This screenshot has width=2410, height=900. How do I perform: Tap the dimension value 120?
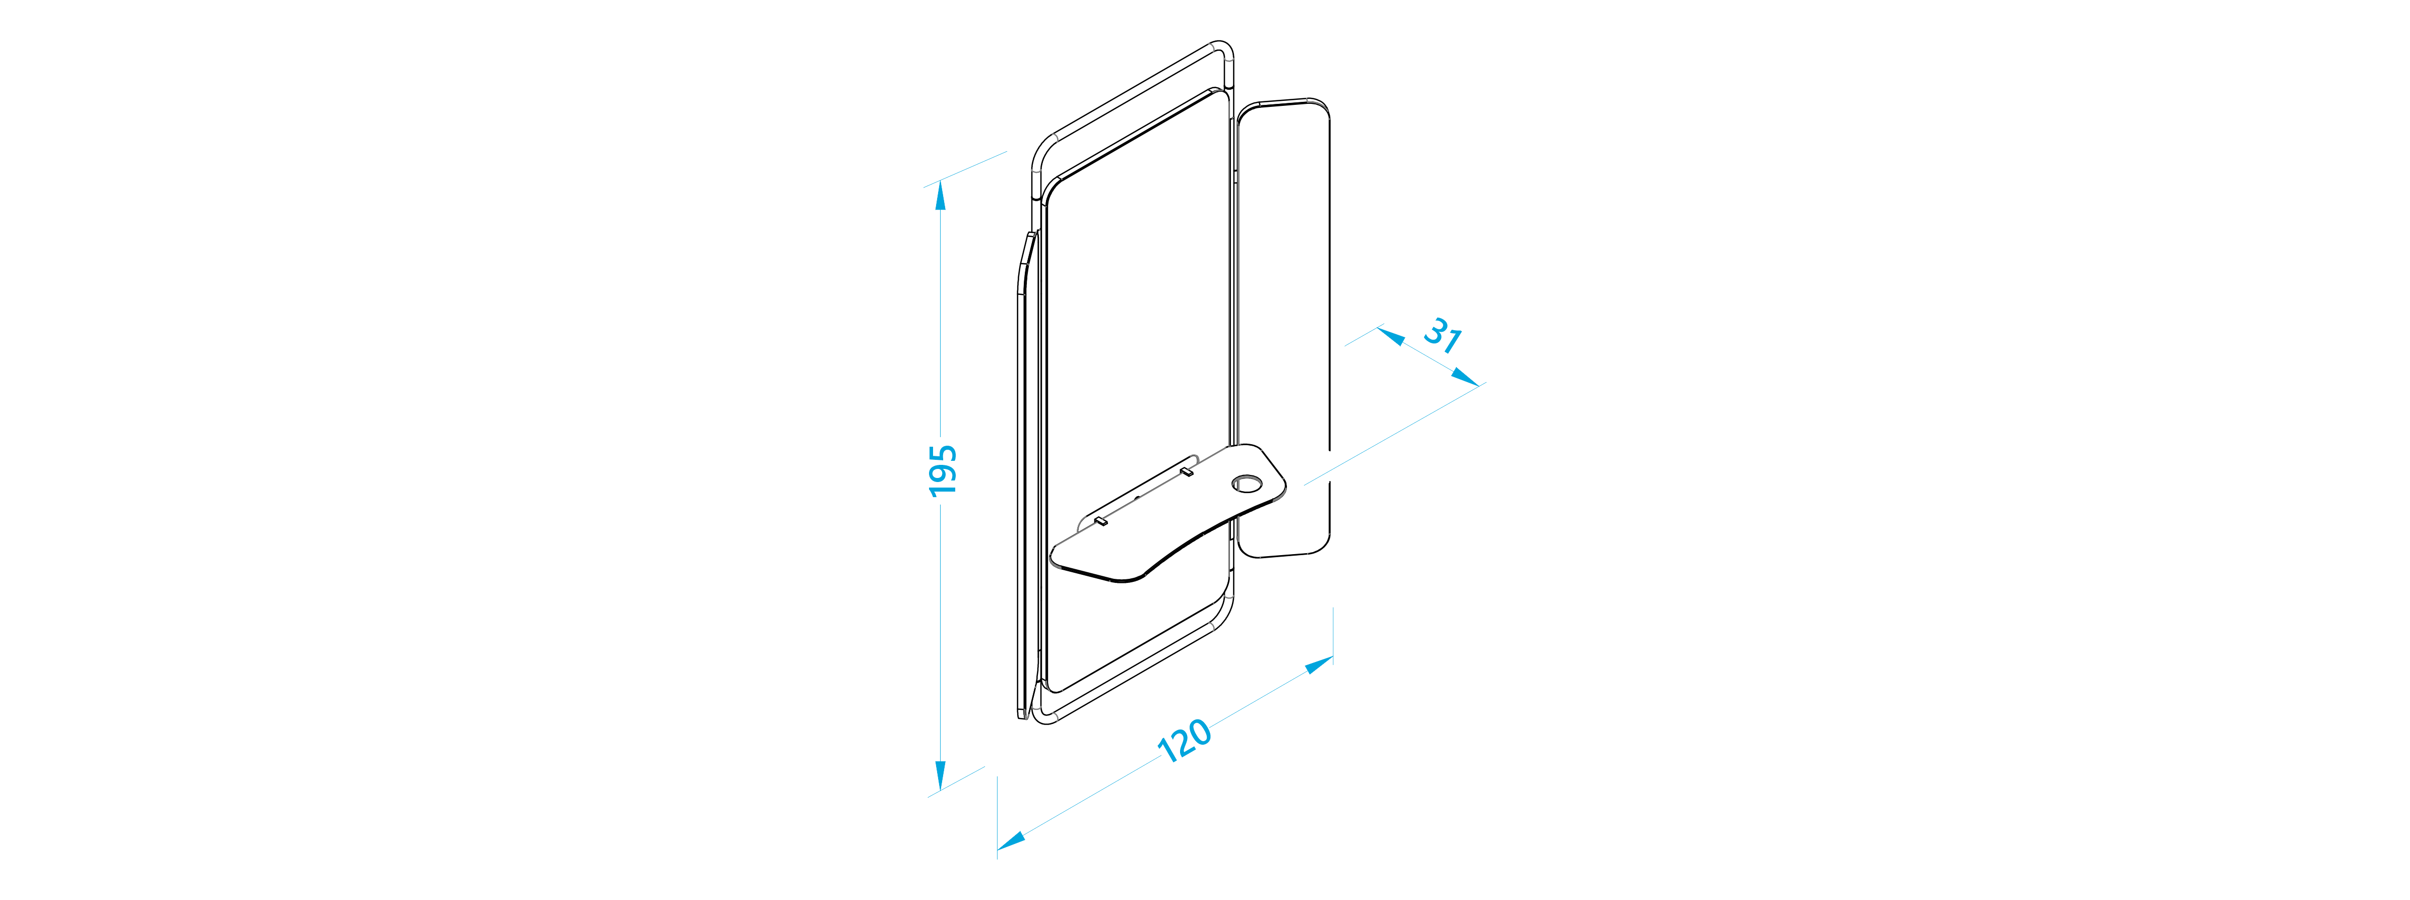coord(1185,741)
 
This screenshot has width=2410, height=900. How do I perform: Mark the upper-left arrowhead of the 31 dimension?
coord(1391,335)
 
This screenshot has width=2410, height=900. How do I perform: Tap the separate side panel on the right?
coord(1283,327)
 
